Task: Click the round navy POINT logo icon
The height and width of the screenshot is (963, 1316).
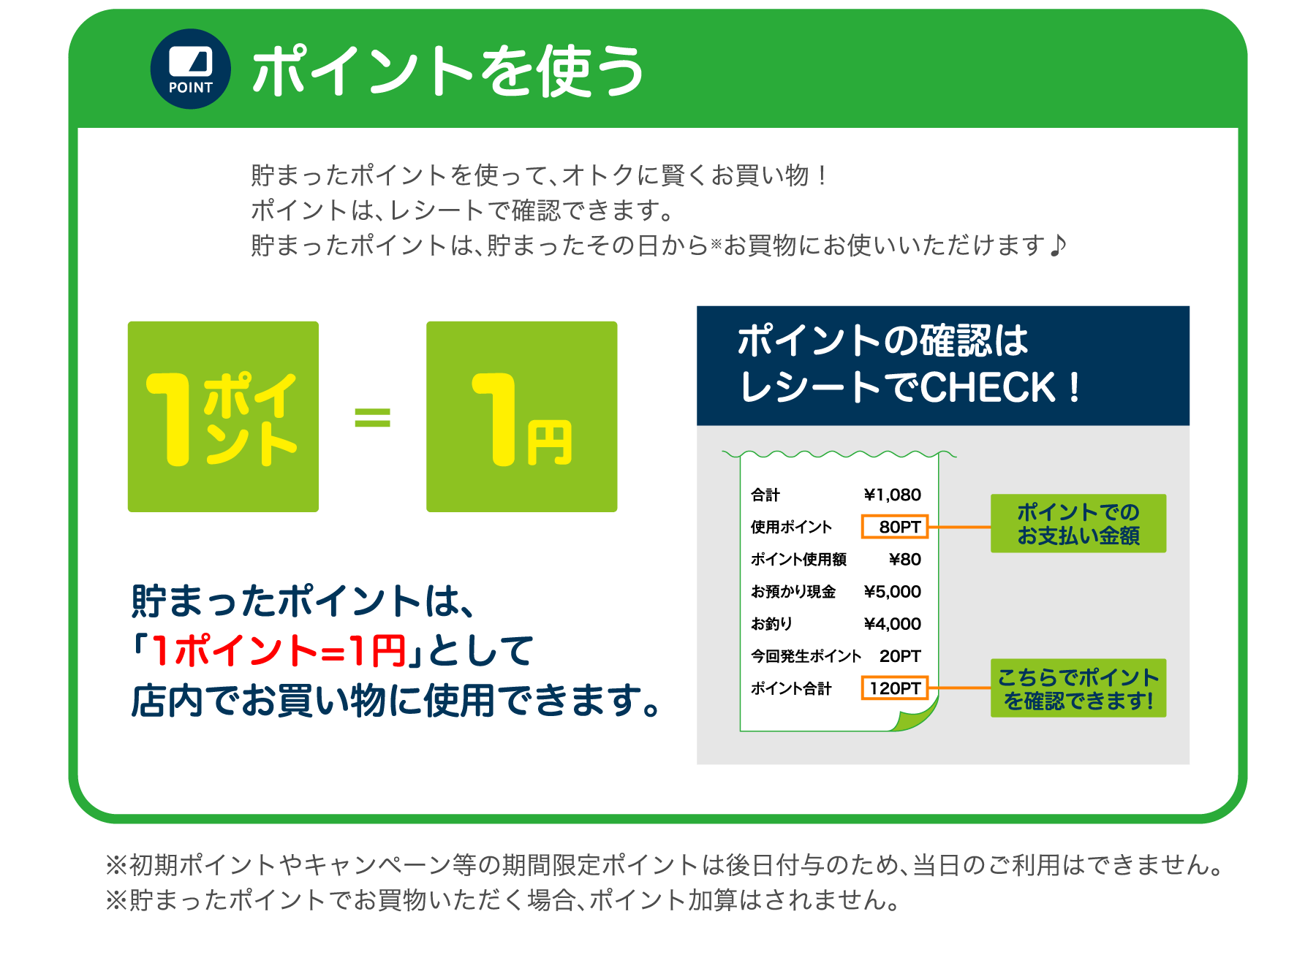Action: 190,69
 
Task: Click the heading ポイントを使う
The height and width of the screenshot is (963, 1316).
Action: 447,71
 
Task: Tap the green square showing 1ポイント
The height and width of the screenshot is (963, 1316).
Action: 223,416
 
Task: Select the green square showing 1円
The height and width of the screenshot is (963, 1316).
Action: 521,416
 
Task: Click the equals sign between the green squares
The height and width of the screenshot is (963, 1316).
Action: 372,417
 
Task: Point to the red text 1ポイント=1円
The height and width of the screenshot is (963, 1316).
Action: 279,651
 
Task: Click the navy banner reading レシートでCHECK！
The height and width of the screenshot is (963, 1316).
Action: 942,365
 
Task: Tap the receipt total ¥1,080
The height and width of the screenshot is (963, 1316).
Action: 892,495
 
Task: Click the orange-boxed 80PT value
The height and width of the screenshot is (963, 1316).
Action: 895,527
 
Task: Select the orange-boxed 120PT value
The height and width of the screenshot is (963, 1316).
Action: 895,688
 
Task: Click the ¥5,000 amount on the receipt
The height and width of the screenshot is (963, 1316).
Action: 892,592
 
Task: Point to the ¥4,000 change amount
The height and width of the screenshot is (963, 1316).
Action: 892,624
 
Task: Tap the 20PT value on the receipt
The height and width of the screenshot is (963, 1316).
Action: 899,656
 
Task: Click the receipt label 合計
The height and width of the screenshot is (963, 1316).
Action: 765,495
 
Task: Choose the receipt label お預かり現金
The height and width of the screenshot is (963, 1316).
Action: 793,592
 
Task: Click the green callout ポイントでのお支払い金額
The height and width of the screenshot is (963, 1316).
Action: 1078,524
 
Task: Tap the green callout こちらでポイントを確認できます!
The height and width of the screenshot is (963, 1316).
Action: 1078,688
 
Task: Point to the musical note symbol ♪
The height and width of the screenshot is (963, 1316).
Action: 1058,245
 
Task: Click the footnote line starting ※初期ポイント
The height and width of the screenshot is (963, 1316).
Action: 665,865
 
